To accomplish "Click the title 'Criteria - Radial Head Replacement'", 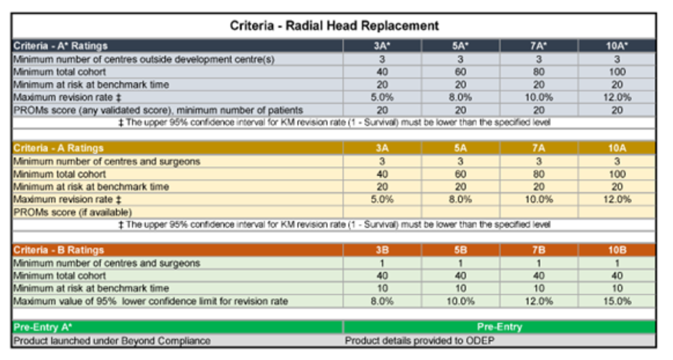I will click(334, 26).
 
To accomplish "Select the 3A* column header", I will click(382, 46).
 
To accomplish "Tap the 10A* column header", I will click(617, 46).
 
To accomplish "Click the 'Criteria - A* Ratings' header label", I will click(60, 46).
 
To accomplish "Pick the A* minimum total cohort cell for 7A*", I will click(538, 72).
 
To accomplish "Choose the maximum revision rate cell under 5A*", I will click(460, 97).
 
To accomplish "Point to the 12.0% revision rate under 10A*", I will click(617, 97).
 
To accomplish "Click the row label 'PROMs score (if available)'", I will click(72, 212).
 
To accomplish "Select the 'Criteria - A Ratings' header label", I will click(58, 148).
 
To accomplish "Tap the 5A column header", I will click(460, 148).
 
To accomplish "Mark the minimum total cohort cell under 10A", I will click(617, 174).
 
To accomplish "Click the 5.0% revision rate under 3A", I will click(382, 199).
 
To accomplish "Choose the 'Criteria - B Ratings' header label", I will click(58, 250).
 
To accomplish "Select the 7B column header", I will click(538, 250).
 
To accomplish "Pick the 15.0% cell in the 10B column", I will click(617, 301).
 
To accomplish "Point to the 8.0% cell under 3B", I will click(382, 301).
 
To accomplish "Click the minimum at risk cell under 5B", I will click(460, 288).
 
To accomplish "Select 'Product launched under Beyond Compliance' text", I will click(111, 340).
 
